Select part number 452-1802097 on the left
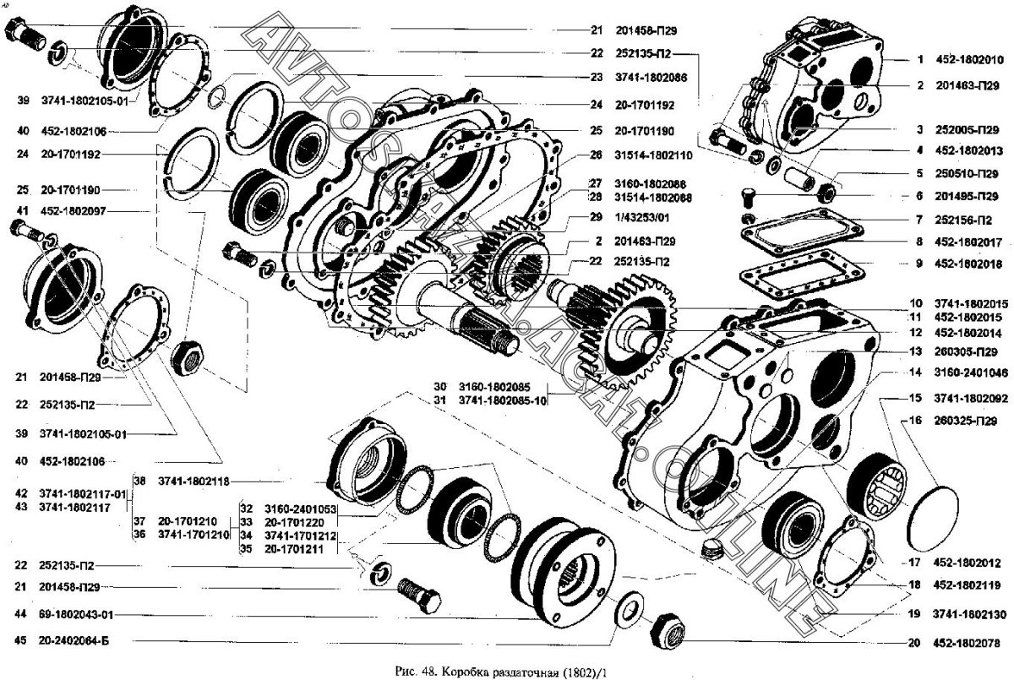tap(77, 210)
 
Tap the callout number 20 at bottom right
tap(913, 642)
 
